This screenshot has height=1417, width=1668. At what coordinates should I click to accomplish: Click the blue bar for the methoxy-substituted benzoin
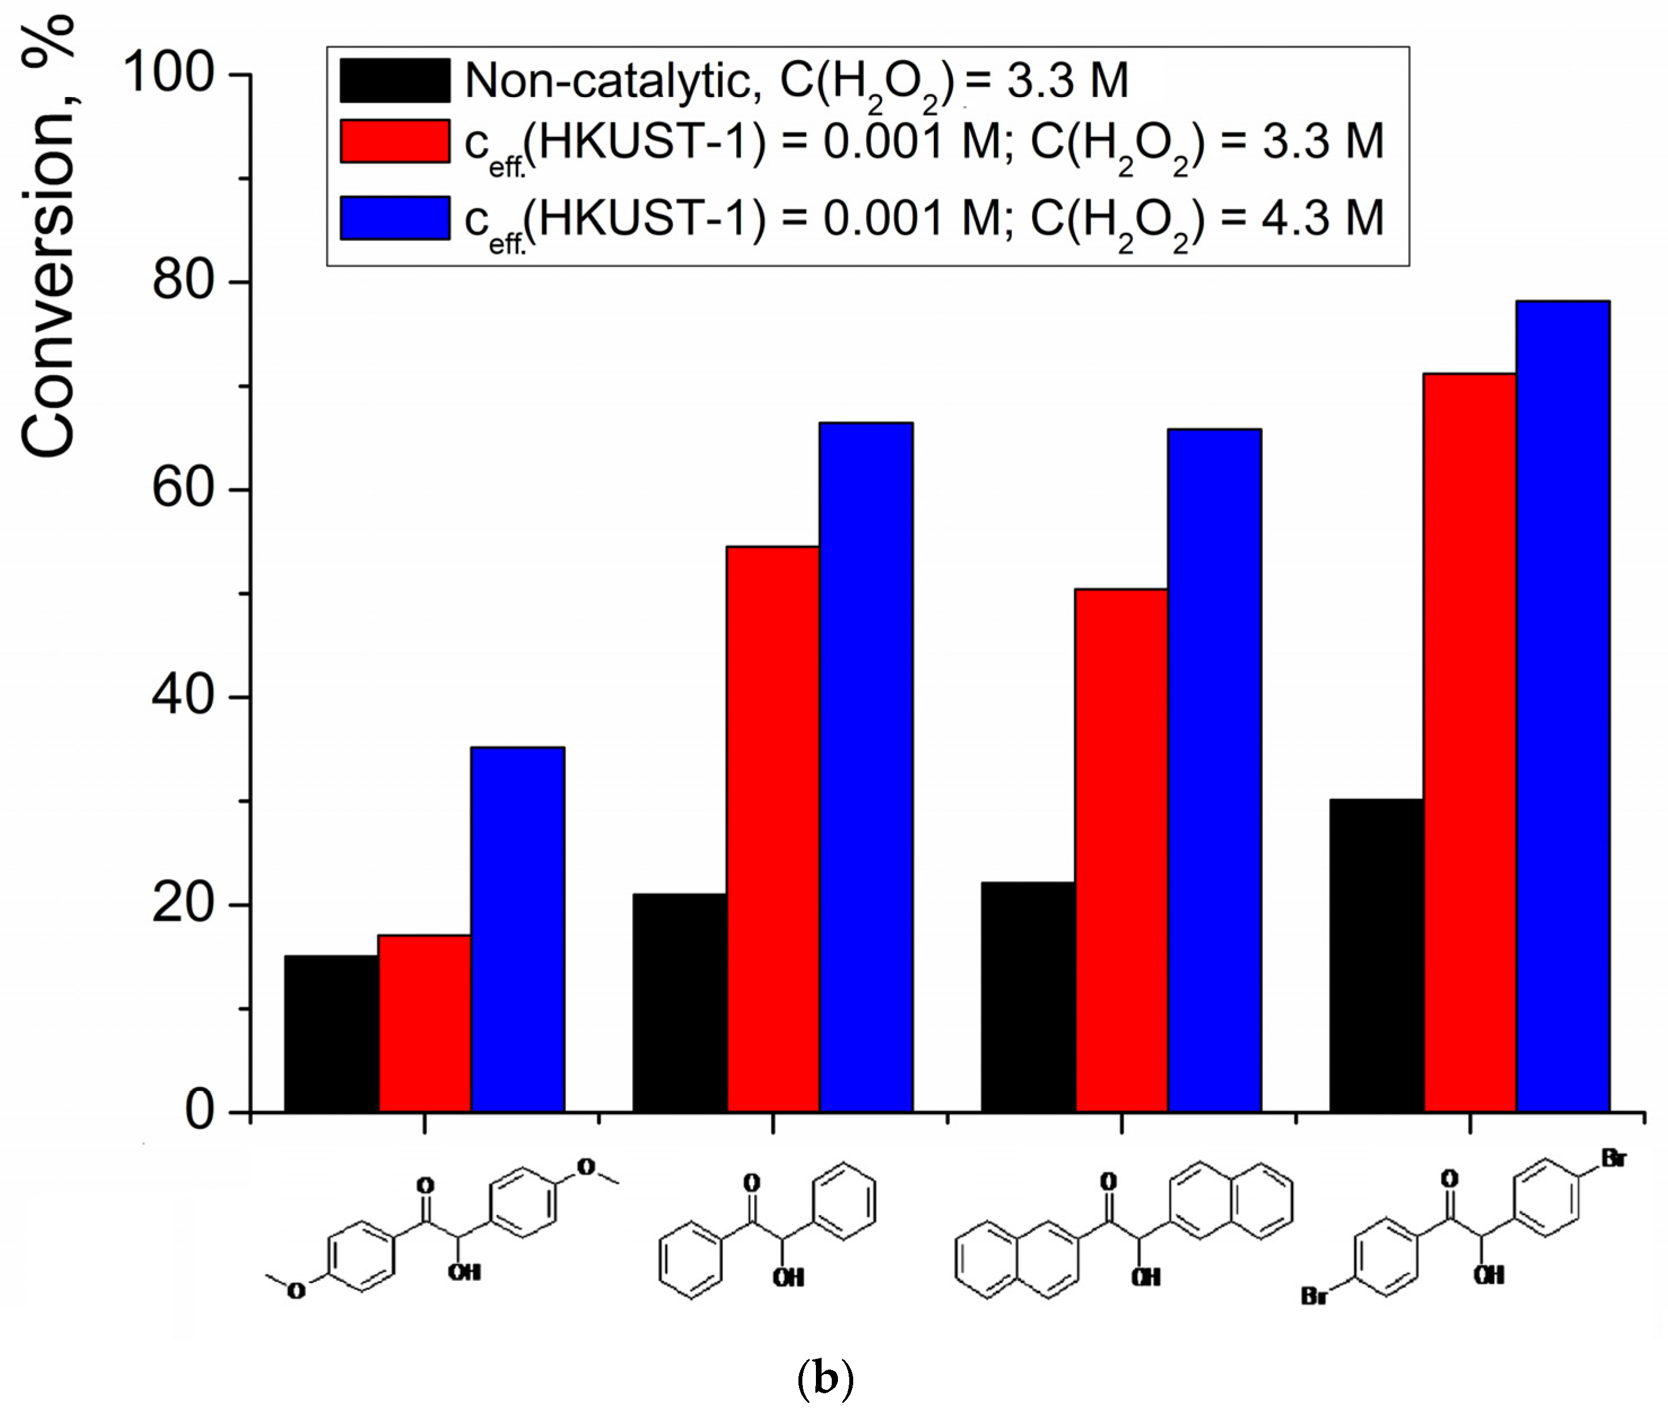517,930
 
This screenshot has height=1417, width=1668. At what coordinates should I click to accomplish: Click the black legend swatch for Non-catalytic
394,80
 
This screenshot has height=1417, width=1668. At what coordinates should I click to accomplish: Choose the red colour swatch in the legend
394,141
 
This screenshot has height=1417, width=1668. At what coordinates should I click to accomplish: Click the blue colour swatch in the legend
394,217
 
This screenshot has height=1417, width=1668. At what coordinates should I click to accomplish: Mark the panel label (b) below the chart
825,1379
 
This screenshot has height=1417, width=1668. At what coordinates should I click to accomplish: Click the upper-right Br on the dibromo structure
1613,1158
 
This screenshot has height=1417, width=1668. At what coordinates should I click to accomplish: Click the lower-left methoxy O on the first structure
296,1291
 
